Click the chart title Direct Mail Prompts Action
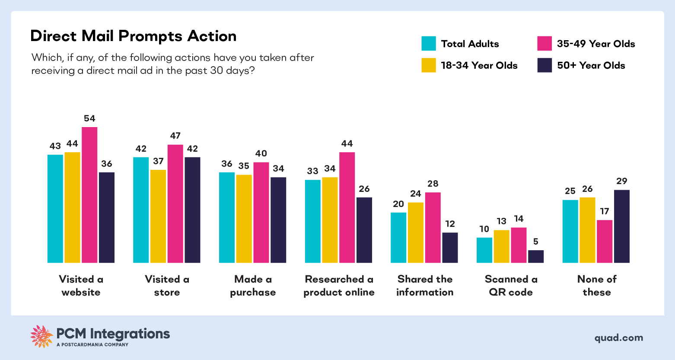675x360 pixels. (x=133, y=36)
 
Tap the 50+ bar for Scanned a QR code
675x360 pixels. (x=536, y=256)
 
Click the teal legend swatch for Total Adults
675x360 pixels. (x=429, y=44)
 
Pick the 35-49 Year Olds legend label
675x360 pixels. (x=595, y=44)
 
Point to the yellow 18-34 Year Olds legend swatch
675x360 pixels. (x=429, y=65)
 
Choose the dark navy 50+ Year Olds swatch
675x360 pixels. (x=544, y=65)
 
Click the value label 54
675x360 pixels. (x=89, y=118)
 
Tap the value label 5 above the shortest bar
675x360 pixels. (x=536, y=242)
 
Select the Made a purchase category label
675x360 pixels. (x=253, y=286)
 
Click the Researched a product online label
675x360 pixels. (x=339, y=286)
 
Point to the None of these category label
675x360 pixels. (x=596, y=286)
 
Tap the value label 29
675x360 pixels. (x=621, y=181)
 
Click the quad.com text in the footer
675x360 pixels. (x=618, y=338)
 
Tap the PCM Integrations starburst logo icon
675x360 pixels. (x=41, y=336)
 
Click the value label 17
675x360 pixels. (x=605, y=211)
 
